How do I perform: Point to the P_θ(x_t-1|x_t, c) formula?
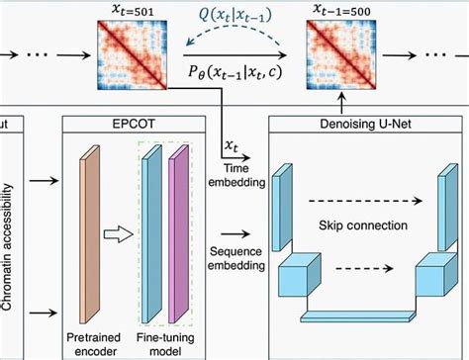[x=233, y=73]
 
